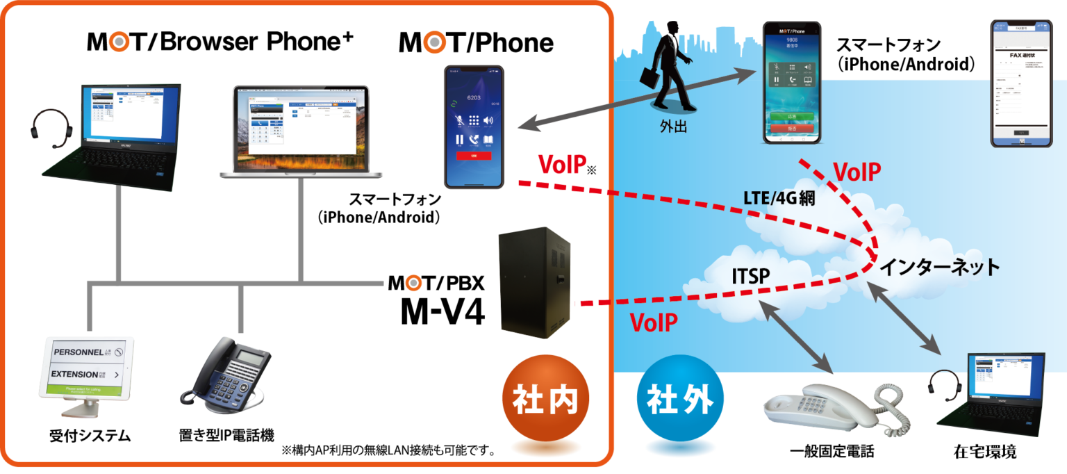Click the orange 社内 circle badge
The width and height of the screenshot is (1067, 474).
pos(545,400)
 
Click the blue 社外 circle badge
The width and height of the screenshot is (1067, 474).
pos(680,400)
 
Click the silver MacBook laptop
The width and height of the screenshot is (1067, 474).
pos(301,132)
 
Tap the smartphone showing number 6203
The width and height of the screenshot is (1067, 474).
pos(474,126)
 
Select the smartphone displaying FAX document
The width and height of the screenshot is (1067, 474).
pos(1020,83)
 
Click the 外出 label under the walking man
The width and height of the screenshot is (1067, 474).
pos(673,127)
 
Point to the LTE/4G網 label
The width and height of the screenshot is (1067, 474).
pos(778,198)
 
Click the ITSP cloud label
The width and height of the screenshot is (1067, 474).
pos(750,276)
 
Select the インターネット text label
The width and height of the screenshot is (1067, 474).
pos(939,266)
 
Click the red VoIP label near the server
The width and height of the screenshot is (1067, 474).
pos(653,322)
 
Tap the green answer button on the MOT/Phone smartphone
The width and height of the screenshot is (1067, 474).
pos(791,117)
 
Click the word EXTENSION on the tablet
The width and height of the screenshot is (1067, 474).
pos(80,374)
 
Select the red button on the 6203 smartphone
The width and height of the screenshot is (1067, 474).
pos(474,156)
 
